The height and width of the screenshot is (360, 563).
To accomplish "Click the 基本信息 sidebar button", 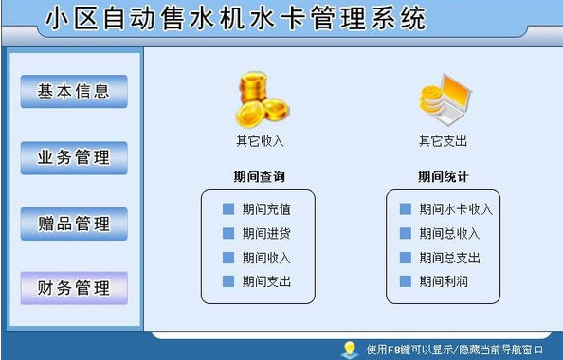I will (74, 92).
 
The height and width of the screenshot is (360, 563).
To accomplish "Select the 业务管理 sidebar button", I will (74, 158).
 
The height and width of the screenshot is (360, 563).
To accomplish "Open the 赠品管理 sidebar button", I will (74, 224).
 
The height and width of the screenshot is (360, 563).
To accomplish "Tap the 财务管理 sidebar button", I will (74, 287).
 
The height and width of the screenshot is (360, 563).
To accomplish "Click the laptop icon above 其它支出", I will (445, 98).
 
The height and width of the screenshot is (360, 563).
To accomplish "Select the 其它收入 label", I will (260, 141).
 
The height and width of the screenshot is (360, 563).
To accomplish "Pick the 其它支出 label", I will (444, 141).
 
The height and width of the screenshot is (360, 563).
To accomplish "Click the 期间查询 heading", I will (259, 176).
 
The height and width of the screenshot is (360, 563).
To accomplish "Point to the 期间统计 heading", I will (444, 176).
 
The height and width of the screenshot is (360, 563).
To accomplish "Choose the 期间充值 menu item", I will (265, 209).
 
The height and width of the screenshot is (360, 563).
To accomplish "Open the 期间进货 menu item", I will (265, 233).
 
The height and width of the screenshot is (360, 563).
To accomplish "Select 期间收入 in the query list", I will (265, 258).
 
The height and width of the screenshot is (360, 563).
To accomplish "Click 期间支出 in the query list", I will (265, 281).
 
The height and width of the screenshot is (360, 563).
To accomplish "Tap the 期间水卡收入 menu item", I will (455, 209).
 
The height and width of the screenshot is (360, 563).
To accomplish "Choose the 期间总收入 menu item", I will (449, 233).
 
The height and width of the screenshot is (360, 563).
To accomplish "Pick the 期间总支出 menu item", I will (449, 258).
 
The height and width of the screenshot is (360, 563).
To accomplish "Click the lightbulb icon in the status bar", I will (349, 349).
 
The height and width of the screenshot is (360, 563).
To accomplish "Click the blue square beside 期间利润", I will (405, 281).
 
